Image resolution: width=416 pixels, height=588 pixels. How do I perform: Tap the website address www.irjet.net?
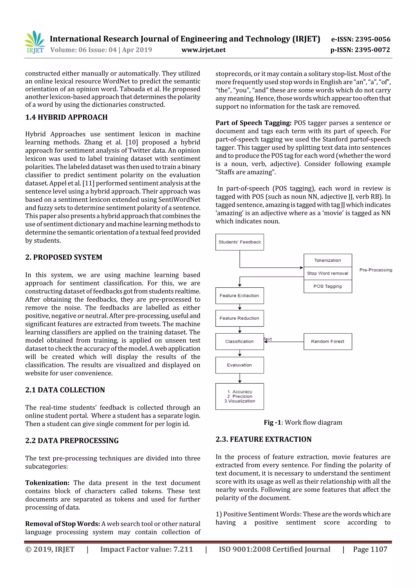pyautogui.click(x=203, y=50)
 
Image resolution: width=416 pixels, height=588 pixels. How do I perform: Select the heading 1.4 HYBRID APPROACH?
pyautogui.click(x=66, y=117)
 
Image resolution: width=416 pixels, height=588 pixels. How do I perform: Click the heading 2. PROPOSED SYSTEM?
pyautogui.click(x=64, y=257)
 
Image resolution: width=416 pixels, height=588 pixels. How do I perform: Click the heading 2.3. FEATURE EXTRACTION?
pyautogui.click(x=263, y=439)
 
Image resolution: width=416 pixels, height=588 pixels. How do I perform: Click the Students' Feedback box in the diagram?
pyautogui.click(x=239, y=242)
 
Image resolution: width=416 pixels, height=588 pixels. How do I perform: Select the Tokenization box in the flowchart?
pyautogui.click(x=328, y=260)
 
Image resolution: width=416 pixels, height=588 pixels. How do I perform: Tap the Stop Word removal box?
pyautogui.click(x=328, y=273)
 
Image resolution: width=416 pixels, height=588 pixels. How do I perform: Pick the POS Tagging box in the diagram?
pyautogui.click(x=328, y=286)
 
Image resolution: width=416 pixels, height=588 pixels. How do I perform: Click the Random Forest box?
pyautogui.click(x=328, y=341)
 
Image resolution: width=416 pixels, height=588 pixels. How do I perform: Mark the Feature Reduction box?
pyautogui.click(x=239, y=318)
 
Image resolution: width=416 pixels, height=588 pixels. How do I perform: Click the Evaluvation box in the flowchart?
pyautogui.click(x=239, y=365)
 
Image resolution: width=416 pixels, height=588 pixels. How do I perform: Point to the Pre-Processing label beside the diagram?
pyautogui.click(x=376, y=270)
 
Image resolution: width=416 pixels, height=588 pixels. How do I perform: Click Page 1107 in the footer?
pyautogui.click(x=370, y=549)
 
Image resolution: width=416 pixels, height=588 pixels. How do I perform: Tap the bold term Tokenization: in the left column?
pyautogui.click(x=47, y=483)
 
